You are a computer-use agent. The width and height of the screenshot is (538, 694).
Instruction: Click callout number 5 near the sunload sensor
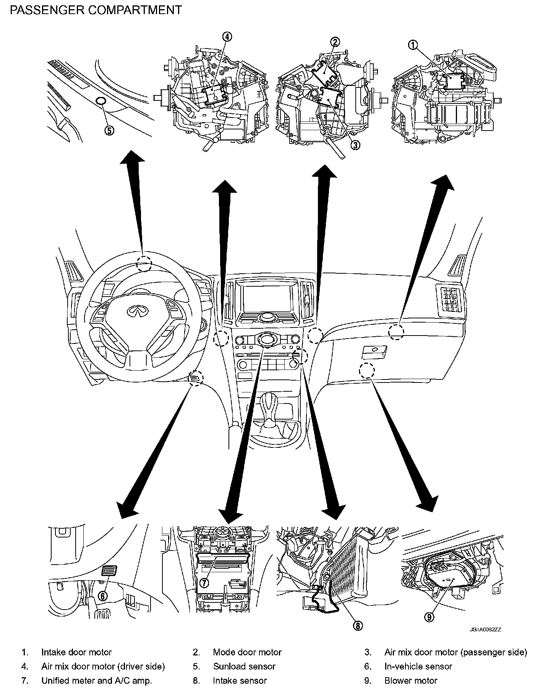coord(109,131)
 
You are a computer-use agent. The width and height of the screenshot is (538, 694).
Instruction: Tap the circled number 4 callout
coord(227,37)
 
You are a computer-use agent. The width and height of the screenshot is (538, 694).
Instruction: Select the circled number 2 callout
coord(335,42)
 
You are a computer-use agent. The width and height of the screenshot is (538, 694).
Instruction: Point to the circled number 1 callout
coord(413,45)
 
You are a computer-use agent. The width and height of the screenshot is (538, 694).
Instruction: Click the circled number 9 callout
coord(429,617)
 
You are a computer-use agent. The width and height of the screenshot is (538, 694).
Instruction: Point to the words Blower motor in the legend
coord(411,680)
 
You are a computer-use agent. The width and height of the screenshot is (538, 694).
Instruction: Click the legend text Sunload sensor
coord(244,666)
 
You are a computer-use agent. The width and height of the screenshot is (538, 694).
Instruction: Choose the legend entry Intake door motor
coord(76,652)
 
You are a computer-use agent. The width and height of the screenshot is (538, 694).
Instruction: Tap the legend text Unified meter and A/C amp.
coord(97,680)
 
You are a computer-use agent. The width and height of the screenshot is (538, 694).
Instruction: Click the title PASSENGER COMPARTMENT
coord(96,10)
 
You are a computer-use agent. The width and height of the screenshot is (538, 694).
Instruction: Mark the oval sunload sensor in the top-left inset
coord(101,101)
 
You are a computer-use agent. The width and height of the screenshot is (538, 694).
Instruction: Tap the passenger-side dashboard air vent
coord(451,299)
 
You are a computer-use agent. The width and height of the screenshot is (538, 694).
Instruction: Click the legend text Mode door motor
coord(247,652)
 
